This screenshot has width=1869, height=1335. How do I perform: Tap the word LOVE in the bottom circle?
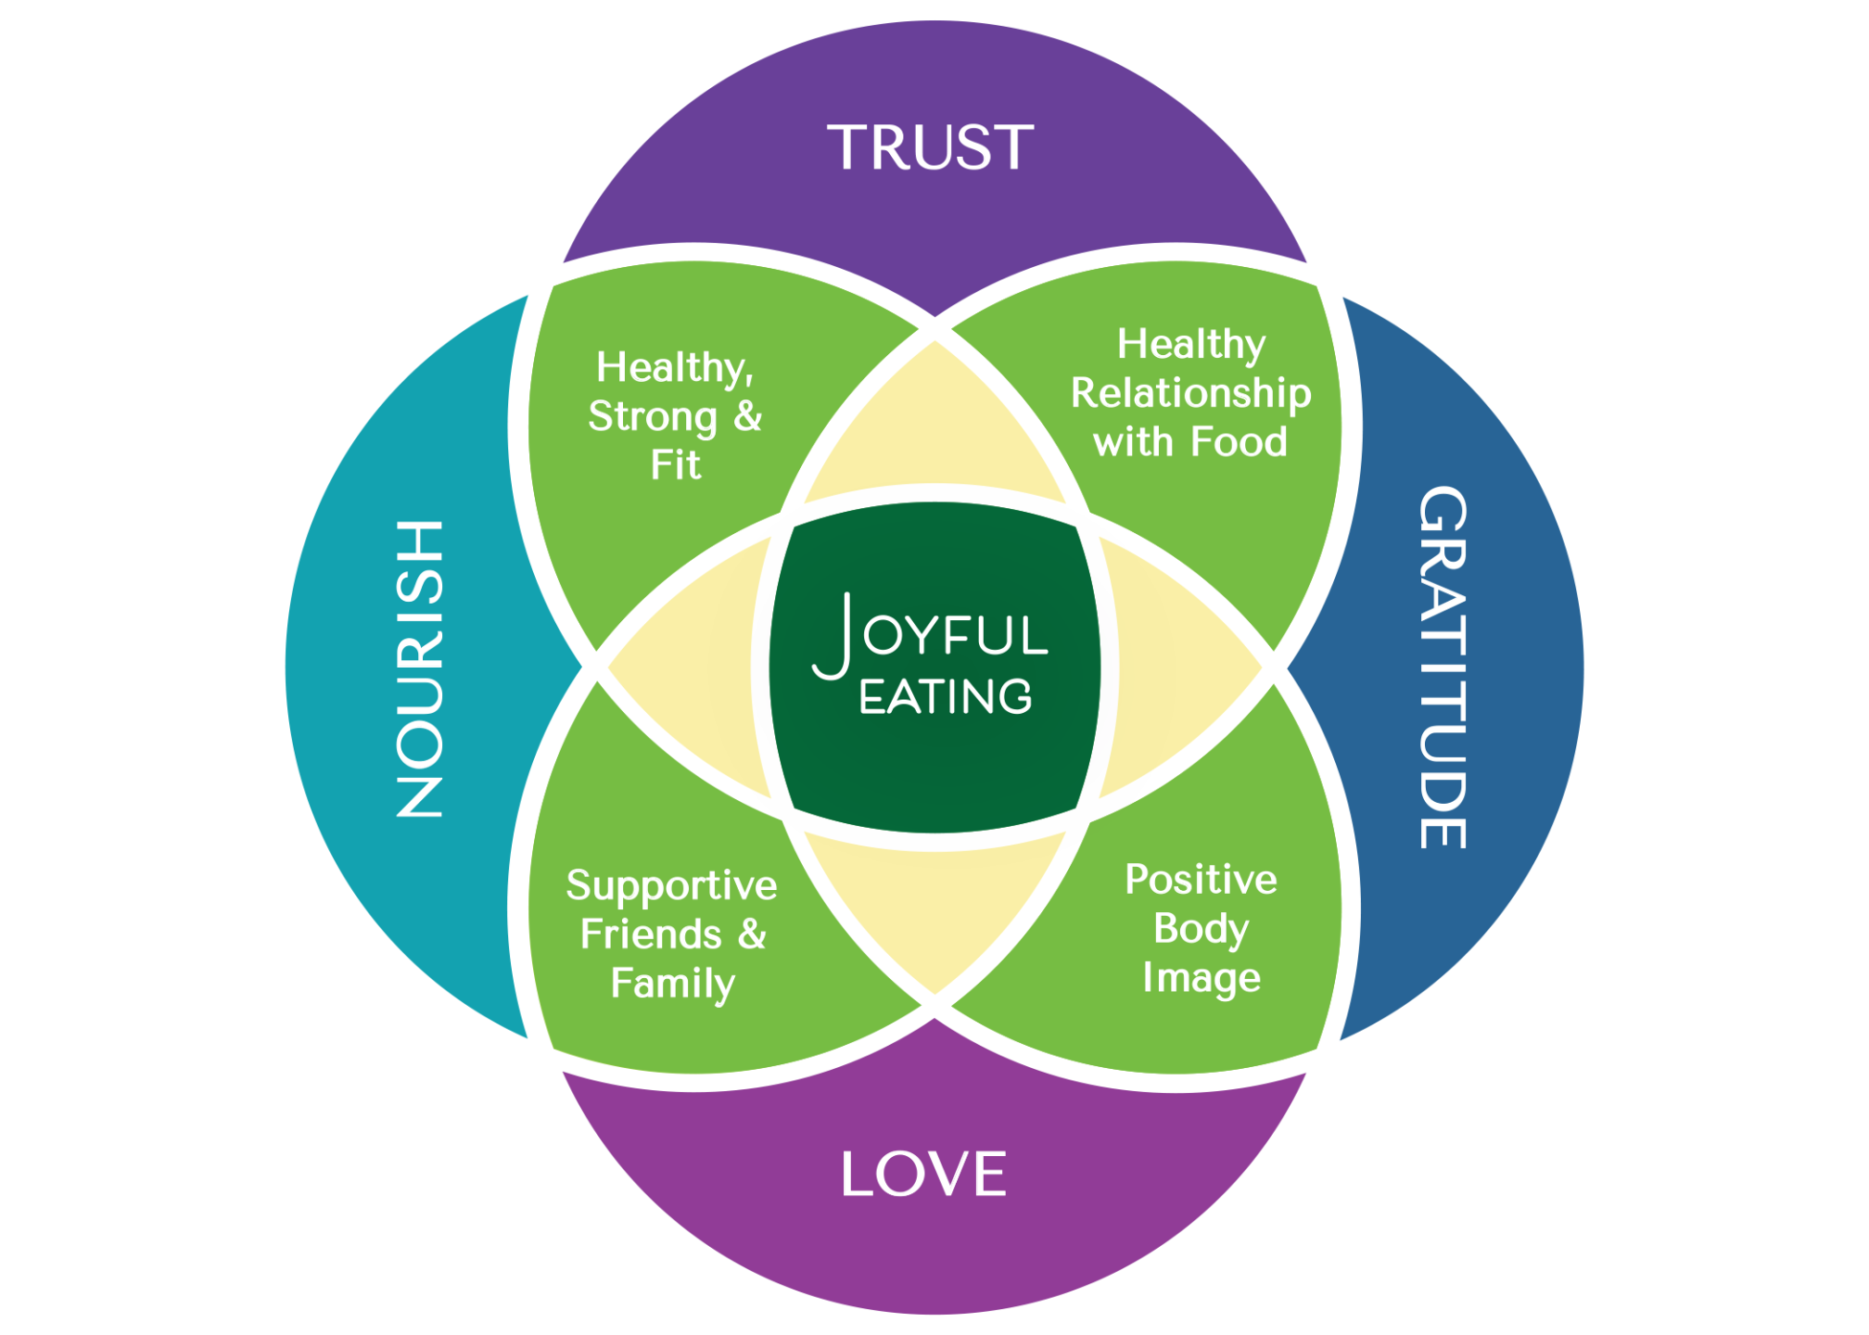tap(923, 1174)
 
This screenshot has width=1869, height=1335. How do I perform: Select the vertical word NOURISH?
tap(420, 669)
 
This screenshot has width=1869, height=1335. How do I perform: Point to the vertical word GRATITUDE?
tap(1443, 667)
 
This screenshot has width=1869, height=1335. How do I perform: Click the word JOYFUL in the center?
tap(931, 635)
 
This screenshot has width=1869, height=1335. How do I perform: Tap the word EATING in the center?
tap(945, 697)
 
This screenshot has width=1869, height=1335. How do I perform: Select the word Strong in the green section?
tap(653, 417)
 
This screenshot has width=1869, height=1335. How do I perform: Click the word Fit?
tap(675, 465)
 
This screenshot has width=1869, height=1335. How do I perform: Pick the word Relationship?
tap(1191, 394)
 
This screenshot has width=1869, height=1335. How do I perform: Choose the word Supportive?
tap(671, 886)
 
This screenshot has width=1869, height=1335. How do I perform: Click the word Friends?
tap(651, 934)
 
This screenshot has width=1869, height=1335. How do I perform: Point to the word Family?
tap(673, 985)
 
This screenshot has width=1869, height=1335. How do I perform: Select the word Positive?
tap(1201, 880)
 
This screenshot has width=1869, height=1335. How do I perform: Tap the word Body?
tap(1201, 930)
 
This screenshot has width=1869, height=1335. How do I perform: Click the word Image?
tap(1201, 979)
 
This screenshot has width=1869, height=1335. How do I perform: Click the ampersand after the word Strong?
tap(748, 416)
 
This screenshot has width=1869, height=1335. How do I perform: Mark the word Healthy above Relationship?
tap(1191, 345)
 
